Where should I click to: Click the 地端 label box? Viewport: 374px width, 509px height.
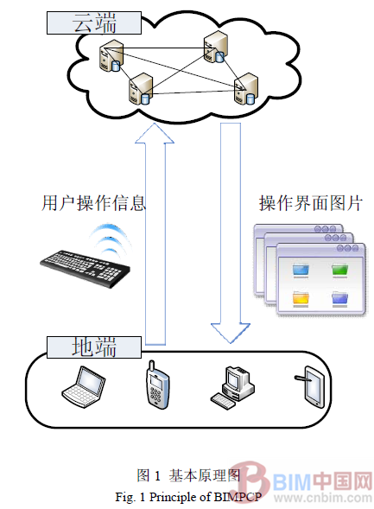pos(93,347)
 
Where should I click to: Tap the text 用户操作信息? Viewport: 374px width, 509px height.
pos(93,204)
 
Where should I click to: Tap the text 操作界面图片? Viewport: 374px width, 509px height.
pos(310,204)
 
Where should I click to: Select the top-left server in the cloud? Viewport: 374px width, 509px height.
pos(111,54)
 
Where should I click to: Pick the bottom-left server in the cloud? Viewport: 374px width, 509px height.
pos(140,87)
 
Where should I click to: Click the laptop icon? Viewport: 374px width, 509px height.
pos(86,385)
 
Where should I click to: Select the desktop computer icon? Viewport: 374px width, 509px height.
pos(230,385)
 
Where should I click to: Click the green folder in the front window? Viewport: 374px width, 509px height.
pos(339,270)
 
